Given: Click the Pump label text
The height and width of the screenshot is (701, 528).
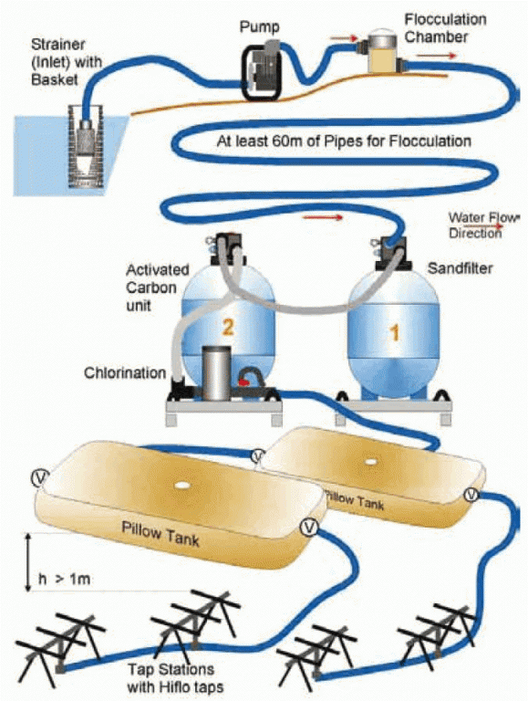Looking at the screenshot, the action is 259,27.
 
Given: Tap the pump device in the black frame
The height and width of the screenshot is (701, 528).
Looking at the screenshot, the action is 262,70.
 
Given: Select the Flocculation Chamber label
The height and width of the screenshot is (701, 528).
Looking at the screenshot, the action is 445,28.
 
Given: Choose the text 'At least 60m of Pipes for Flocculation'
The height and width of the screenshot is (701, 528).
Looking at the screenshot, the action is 344,141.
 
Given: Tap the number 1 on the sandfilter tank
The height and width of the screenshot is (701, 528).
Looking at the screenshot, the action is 394,333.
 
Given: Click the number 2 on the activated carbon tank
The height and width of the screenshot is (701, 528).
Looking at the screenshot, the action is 228,328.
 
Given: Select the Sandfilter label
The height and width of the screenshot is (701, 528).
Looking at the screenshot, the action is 461,268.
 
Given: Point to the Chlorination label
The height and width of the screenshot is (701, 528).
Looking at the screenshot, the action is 125,372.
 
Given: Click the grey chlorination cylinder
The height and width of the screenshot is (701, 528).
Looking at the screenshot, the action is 216,373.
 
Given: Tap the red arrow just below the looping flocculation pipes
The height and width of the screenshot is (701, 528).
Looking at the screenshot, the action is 323,217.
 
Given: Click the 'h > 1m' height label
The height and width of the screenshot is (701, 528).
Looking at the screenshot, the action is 65,579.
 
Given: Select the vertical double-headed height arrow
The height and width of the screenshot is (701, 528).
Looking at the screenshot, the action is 28,562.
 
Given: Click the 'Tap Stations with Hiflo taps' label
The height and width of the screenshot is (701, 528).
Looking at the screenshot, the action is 175,678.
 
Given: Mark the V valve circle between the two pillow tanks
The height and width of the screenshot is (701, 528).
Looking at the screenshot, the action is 258,456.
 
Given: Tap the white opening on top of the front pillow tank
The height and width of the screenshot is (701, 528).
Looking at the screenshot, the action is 181,485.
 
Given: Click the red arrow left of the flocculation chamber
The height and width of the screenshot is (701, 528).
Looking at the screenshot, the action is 344,39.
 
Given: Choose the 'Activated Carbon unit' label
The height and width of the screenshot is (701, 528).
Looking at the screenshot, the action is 157,288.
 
